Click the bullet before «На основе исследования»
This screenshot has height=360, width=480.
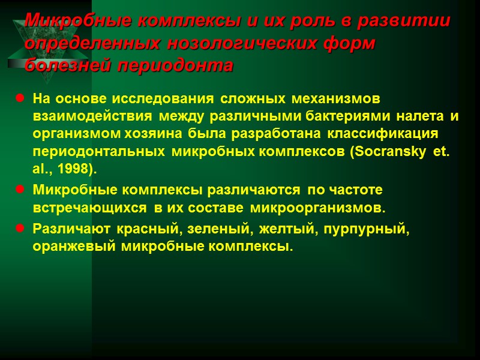click(20, 98)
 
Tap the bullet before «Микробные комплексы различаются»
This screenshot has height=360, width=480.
click(20, 190)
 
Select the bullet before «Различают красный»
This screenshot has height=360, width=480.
click(20, 229)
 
